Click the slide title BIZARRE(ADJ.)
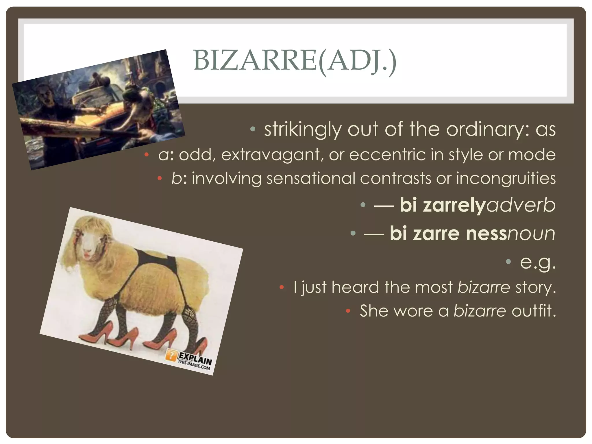[295, 61]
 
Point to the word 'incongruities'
[506, 178]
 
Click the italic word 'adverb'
[520, 205]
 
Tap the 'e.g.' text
[538, 262]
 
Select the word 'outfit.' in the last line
[534, 311]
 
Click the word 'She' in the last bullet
[374, 311]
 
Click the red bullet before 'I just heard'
[282, 287]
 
